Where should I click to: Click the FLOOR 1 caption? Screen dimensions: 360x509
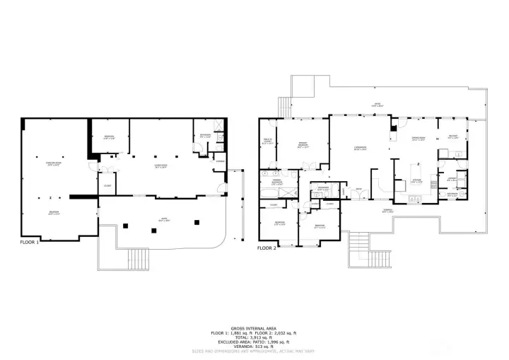(29, 242)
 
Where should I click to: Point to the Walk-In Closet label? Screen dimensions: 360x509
(267, 142)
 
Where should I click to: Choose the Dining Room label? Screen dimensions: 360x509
(419, 139)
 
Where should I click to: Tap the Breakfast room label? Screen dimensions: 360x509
(453, 138)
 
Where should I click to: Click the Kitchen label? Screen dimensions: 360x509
(416, 180)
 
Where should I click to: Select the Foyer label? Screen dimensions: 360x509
(359, 189)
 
